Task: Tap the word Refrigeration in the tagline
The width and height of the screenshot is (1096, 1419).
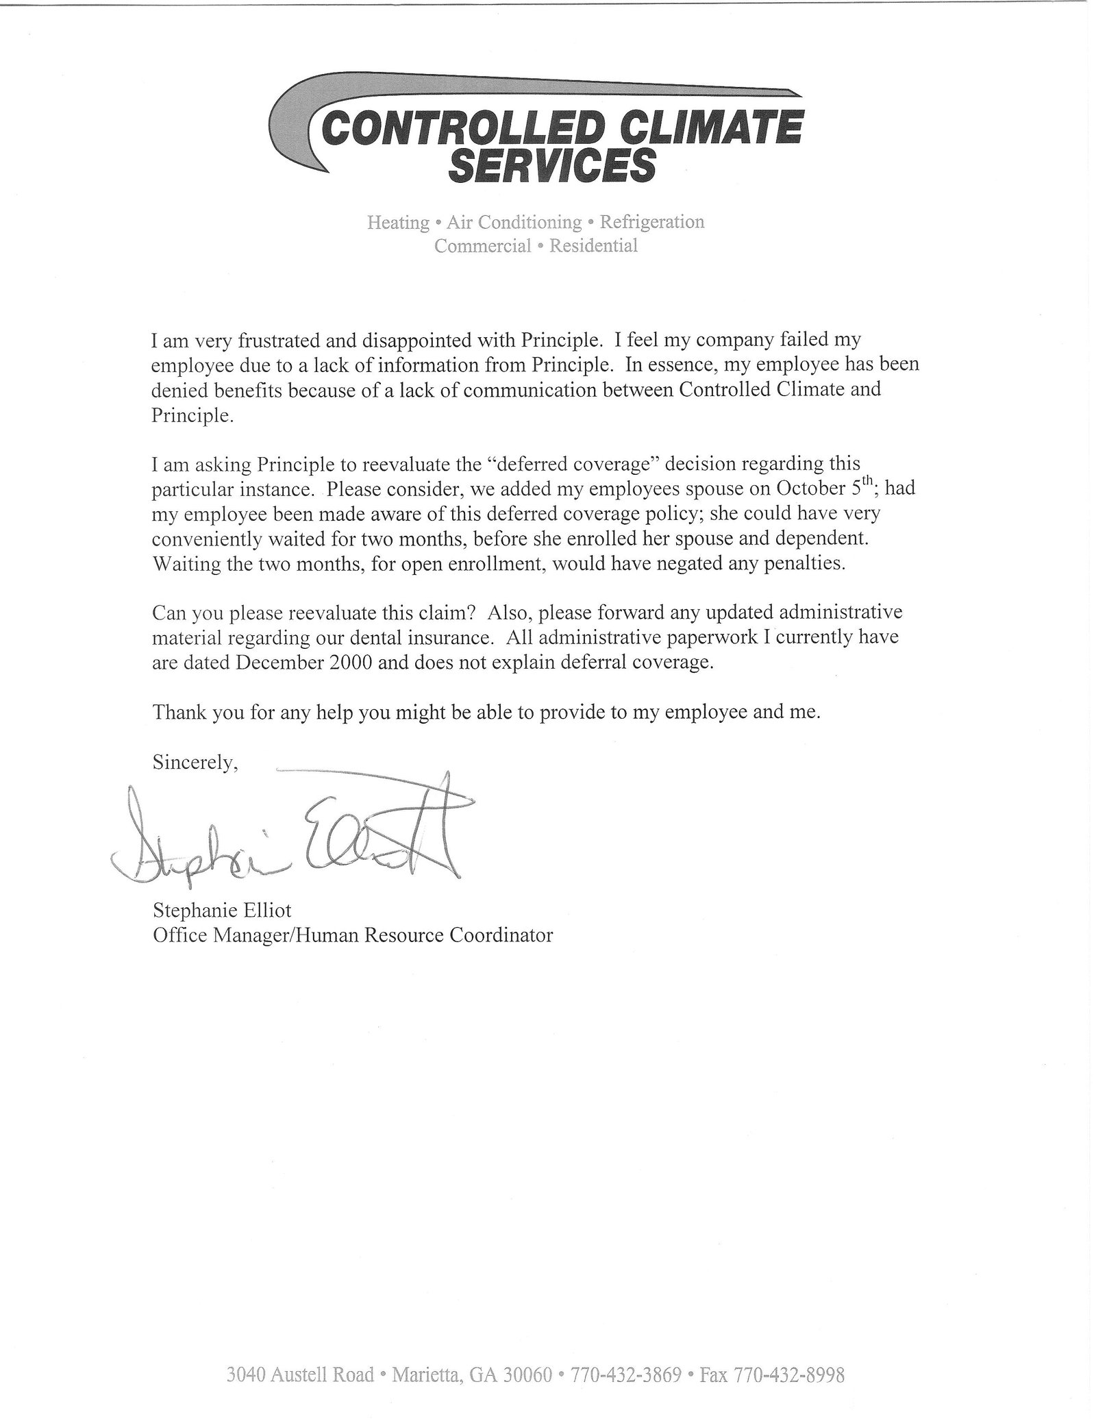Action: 651,222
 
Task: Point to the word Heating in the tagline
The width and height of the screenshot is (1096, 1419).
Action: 398,223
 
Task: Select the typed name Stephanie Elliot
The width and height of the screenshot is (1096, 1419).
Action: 222,911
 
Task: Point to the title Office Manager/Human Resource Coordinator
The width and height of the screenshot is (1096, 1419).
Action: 353,935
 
